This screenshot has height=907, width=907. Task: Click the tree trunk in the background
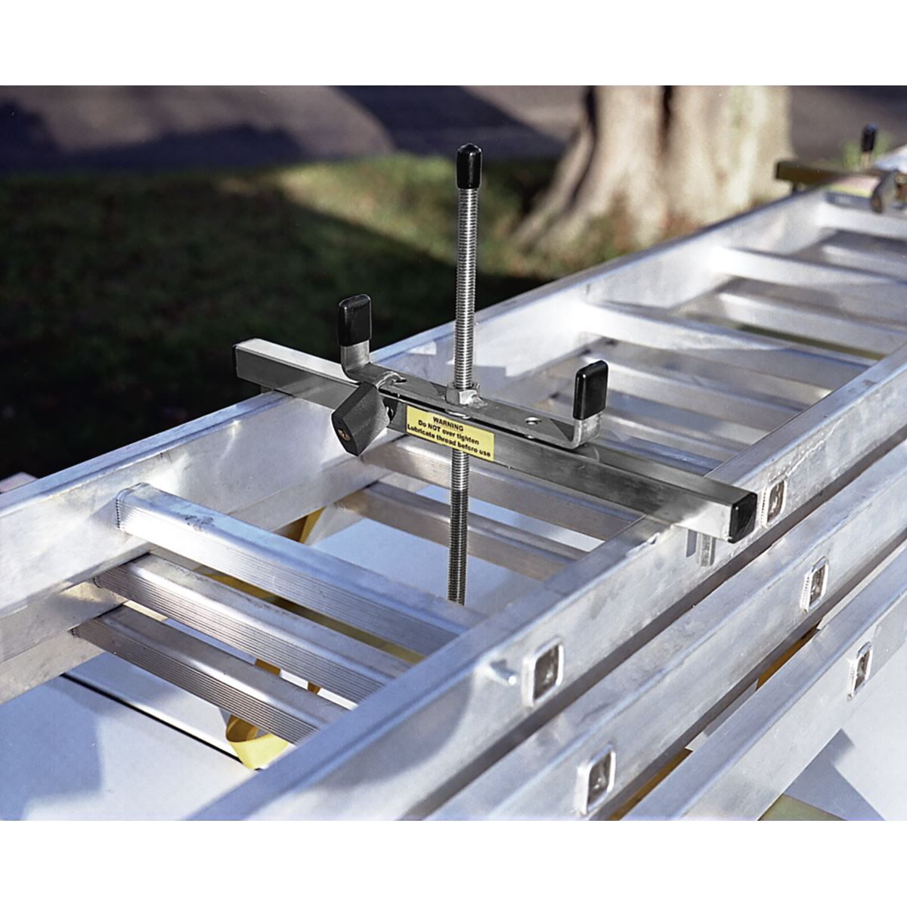(665, 166)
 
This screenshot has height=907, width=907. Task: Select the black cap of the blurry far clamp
(869, 139)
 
